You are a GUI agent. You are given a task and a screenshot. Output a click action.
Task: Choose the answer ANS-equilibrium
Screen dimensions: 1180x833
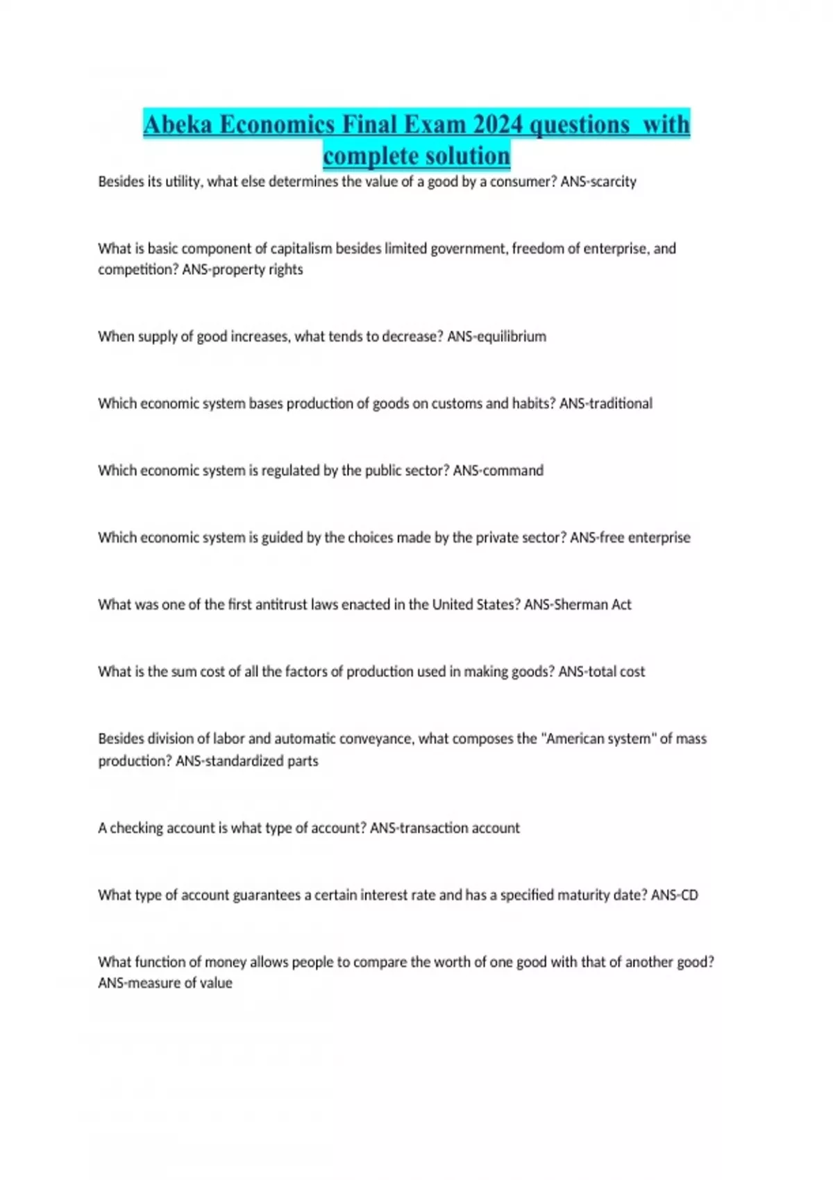click(496, 337)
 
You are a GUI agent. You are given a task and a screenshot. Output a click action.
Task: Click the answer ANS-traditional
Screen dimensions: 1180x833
click(606, 403)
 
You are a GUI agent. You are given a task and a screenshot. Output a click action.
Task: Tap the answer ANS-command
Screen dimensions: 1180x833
click(498, 471)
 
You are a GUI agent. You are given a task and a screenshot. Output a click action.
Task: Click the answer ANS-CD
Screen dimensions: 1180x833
click(675, 895)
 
